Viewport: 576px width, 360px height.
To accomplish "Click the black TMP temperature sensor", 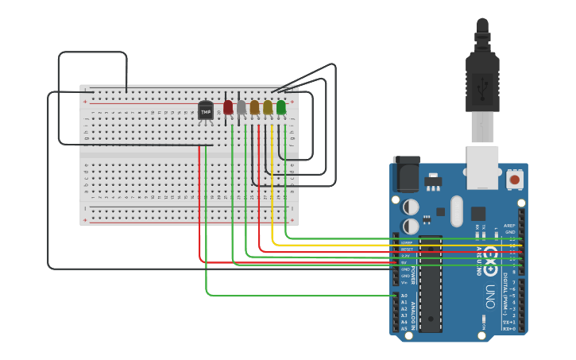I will (206, 111).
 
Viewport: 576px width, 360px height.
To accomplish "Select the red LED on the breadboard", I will (228, 107).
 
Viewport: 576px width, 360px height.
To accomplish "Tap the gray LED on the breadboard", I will (241, 107).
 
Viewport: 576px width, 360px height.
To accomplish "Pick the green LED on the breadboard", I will (281, 107).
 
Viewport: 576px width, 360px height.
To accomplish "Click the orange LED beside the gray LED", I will (254, 107).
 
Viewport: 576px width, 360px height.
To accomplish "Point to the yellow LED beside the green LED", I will (268, 107).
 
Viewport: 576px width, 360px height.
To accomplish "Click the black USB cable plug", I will (482, 79).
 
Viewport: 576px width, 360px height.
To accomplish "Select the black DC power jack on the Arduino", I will (408, 175).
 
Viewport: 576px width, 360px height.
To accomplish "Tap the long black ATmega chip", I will (431, 283).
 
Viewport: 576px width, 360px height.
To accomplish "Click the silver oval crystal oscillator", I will (456, 211).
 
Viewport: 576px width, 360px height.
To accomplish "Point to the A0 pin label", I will (404, 296).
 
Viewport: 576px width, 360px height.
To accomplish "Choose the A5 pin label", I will (404, 328).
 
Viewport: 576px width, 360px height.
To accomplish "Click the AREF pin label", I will (510, 226).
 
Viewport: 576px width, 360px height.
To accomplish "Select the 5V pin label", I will (406, 262).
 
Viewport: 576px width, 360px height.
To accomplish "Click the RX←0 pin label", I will (509, 328).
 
